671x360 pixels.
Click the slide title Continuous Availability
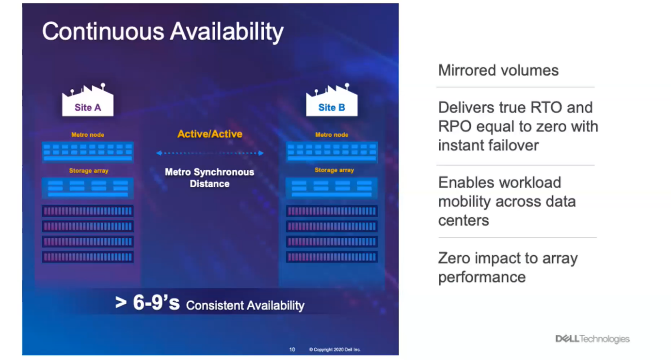[162, 32]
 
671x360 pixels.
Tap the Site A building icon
[88, 100]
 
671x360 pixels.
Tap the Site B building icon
[332, 100]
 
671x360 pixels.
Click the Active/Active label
[209, 134]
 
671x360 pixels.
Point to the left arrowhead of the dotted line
[159, 153]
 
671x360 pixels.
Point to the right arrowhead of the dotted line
[261, 153]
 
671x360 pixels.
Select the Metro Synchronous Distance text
[209, 178]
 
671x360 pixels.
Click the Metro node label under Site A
[88, 135]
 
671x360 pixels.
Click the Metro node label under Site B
[332, 135]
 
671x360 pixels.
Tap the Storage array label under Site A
[89, 171]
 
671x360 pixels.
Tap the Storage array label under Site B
[335, 170]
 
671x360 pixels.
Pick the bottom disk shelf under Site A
[87, 257]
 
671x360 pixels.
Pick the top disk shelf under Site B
[332, 211]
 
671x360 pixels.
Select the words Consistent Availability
[245, 306]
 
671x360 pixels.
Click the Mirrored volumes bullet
[498, 70]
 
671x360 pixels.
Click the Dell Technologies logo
[592, 339]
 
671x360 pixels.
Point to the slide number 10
[292, 349]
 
